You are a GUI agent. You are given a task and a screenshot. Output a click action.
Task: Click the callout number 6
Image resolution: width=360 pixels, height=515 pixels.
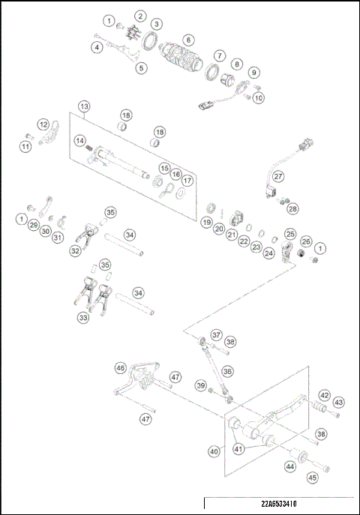(x=187, y=40)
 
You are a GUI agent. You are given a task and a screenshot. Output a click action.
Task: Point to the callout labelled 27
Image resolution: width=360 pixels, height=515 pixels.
(x=278, y=177)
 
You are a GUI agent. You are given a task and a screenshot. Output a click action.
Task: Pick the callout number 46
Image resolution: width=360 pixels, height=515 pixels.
(x=120, y=367)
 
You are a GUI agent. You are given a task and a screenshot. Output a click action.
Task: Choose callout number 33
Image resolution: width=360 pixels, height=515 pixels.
(x=82, y=318)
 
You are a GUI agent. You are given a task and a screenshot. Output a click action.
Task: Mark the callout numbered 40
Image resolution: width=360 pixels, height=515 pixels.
(x=214, y=451)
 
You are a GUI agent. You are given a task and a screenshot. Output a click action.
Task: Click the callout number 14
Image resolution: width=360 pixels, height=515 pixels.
(x=79, y=139)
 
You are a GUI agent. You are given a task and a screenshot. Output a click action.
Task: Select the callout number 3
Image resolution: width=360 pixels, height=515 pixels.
(x=156, y=24)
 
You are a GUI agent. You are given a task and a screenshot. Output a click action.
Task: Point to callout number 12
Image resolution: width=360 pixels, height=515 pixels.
(x=43, y=124)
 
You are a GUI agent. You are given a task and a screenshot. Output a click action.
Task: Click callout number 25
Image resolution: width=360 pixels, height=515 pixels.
(x=289, y=235)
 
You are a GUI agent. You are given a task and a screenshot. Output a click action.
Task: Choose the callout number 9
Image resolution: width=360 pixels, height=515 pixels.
(x=254, y=73)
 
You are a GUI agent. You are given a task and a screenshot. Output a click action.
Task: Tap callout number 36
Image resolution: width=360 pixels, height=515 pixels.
(x=227, y=370)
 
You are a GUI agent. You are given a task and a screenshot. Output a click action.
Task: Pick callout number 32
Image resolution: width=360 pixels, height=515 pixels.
(x=75, y=251)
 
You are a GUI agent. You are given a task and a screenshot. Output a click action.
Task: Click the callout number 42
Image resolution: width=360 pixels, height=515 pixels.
(x=324, y=394)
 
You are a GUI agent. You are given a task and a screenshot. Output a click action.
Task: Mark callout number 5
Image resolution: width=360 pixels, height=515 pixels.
(x=141, y=67)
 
